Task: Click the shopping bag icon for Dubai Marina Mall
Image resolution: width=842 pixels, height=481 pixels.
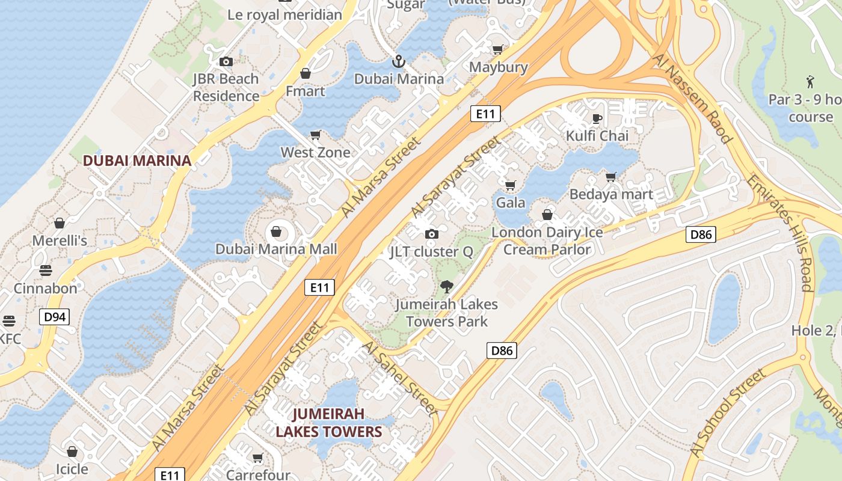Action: point(276,231)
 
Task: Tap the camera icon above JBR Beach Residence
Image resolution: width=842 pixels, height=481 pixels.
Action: point(226,61)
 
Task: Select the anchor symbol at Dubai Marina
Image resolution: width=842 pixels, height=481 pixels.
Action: point(398,61)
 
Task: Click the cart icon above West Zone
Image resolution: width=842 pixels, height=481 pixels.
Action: point(315,135)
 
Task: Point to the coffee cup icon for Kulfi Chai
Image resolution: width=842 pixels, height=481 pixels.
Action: point(597,118)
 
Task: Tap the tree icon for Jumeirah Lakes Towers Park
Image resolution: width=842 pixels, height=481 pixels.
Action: point(446,287)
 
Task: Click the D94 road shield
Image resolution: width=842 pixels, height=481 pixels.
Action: point(55,317)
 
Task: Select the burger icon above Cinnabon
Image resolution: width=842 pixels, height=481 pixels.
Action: point(46,271)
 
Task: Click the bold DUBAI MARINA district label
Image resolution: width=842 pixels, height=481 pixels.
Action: point(137,161)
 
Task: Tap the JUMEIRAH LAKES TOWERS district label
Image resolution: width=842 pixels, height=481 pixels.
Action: point(328,423)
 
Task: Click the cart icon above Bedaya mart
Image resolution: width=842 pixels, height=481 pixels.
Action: point(611,177)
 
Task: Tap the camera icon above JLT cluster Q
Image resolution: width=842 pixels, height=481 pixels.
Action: point(431,234)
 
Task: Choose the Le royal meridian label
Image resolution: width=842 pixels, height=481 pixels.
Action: point(284,15)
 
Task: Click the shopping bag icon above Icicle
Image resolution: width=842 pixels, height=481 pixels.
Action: point(72,452)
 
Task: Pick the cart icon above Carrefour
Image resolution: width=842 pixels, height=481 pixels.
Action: point(258,458)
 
